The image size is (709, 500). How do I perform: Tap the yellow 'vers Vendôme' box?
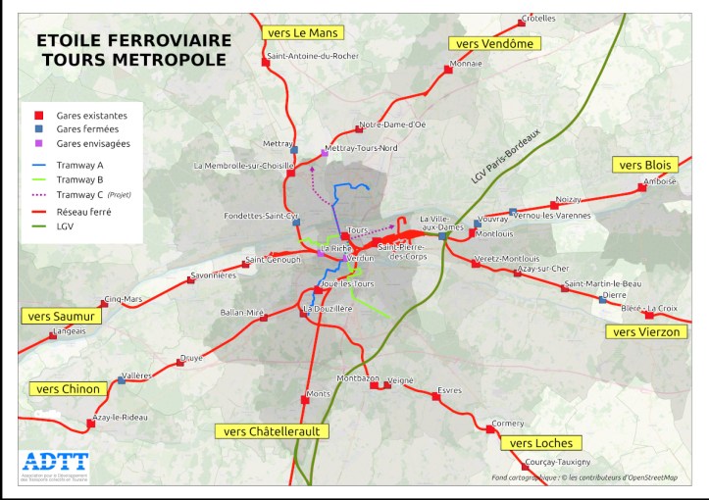click(x=494, y=43)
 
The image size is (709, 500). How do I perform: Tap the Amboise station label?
click(x=660, y=180)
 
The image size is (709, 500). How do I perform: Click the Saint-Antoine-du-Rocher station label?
click(x=312, y=56)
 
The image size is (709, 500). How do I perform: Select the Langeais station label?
click(x=66, y=331)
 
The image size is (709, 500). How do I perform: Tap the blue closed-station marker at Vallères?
click(x=122, y=378)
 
